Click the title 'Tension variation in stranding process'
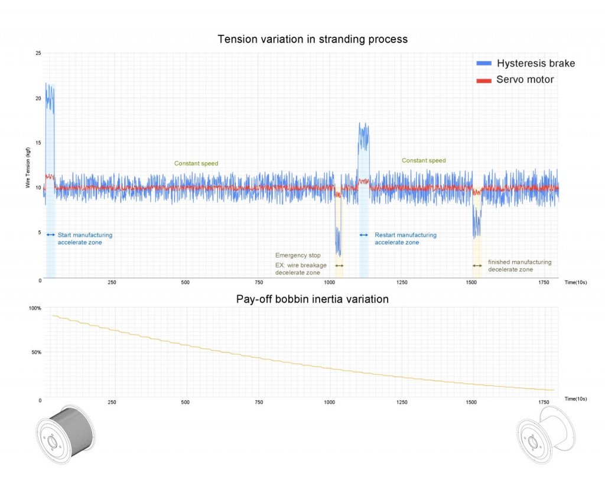[x=313, y=40]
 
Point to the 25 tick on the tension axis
[x=38, y=54]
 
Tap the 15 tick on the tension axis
[x=38, y=143]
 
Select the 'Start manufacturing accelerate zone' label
[x=84, y=239]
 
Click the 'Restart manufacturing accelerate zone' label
[x=405, y=239]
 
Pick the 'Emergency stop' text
[x=298, y=256]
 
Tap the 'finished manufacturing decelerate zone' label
[x=519, y=266]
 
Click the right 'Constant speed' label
[x=424, y=161]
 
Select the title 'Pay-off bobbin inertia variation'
[x=313, y=299]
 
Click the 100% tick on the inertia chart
[x=35, y=308]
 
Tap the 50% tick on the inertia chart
[x=36, y=352]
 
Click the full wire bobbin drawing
[x=64, y=434]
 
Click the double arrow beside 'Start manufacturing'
[x=51, y=235]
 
